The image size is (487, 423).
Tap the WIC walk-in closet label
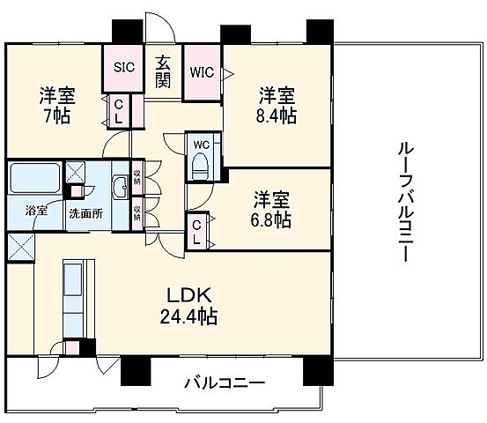point(202,73)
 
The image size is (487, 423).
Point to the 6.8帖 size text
point(270,220)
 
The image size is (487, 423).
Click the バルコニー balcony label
point(225,384)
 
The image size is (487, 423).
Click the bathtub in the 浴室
point(34,180)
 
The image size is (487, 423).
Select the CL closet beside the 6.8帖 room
point(198,232)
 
